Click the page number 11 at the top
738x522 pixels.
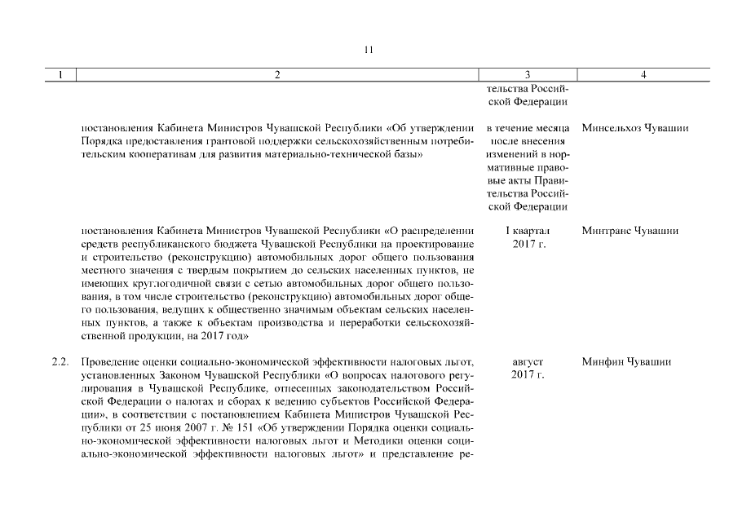click(x=368, y=50)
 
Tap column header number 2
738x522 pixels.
click(x=277, y=75)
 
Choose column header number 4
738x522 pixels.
click(x=644, y=75)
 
